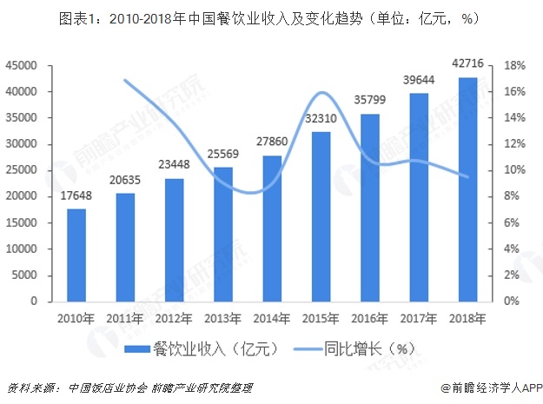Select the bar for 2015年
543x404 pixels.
pyautogui.click(x=321, y=216)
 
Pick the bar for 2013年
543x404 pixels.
pyautogui.click(x=223, y=234)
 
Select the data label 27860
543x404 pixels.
pyautogui.click(x=272, y=142)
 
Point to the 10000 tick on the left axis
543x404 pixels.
pyautogui.click(x=23, y=248)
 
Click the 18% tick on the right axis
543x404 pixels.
pyautogui.click(x=513, y=65)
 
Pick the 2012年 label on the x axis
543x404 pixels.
pyautogui.click(x=175, y=318)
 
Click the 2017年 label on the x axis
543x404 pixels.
pyautogui.click(x=419, y=318)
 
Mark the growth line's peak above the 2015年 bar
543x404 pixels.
pyautogui.click(x=321, y=92)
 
